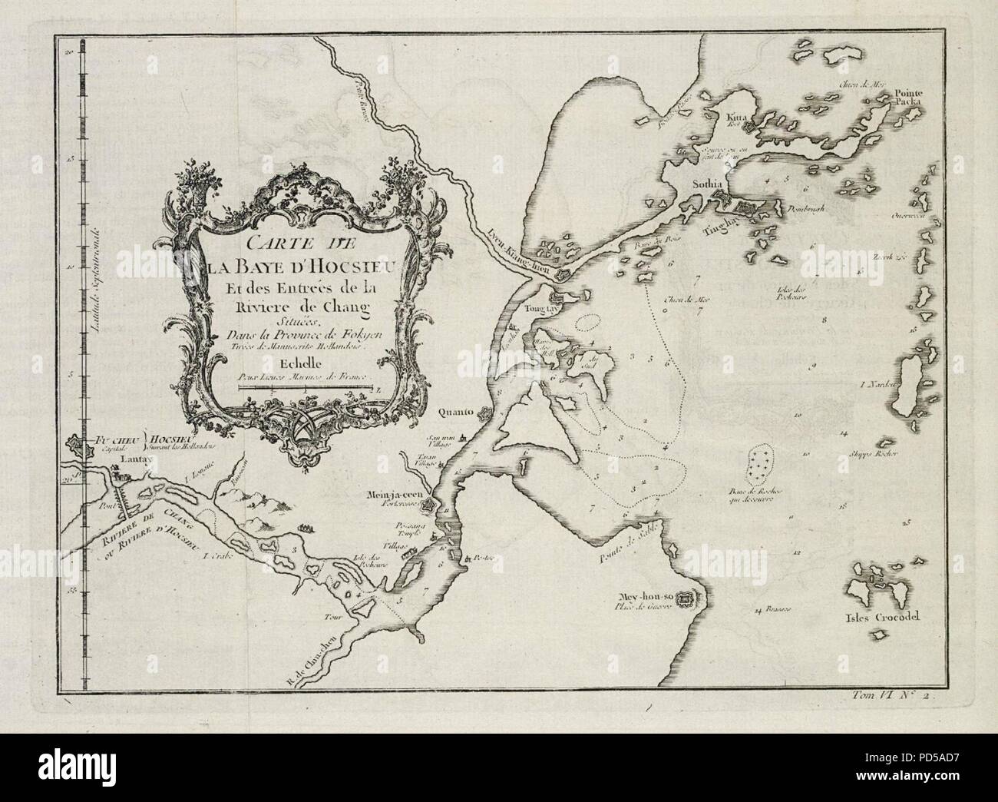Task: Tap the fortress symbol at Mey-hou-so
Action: point(687,597)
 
